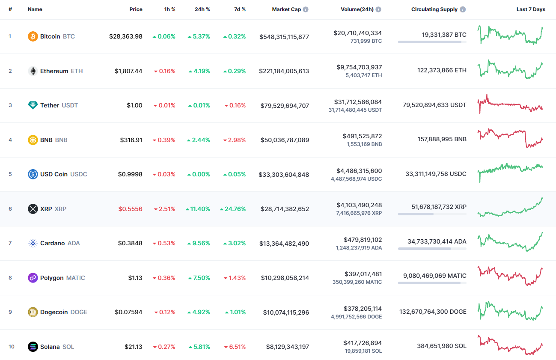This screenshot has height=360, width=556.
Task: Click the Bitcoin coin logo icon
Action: tap(33, 36)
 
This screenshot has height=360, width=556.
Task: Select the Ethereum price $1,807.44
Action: tap(128, 71)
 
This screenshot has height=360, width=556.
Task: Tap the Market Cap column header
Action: tap(286, 9)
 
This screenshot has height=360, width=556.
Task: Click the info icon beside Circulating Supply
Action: tap(463, 9)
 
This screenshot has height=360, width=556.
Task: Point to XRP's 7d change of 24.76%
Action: tap(233, 209)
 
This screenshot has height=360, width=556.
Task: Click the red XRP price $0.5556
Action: tap(130, 209)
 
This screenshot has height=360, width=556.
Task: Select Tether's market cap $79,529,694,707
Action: tap(285, 106)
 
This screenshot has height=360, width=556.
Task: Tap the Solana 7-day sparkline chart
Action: tap(510, 345)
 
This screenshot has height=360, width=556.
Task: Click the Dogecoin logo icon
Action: tap(33, 312)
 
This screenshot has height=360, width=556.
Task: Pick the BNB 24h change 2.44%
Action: tap(199, 140)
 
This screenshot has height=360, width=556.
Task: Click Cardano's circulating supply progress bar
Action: tap(432, 248)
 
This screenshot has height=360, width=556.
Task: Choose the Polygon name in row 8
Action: tap(52, 278)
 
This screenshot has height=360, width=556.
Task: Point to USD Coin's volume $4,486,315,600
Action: tap(356, 170)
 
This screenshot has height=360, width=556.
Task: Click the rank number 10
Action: tap(11, 347)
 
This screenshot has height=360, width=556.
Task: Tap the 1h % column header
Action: tap(169, 9)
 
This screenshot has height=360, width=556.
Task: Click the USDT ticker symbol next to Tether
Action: tap(70, 105)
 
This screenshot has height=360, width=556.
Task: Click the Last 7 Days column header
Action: tap(531, 9)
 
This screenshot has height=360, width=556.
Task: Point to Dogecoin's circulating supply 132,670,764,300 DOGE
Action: tap(433, 312)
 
